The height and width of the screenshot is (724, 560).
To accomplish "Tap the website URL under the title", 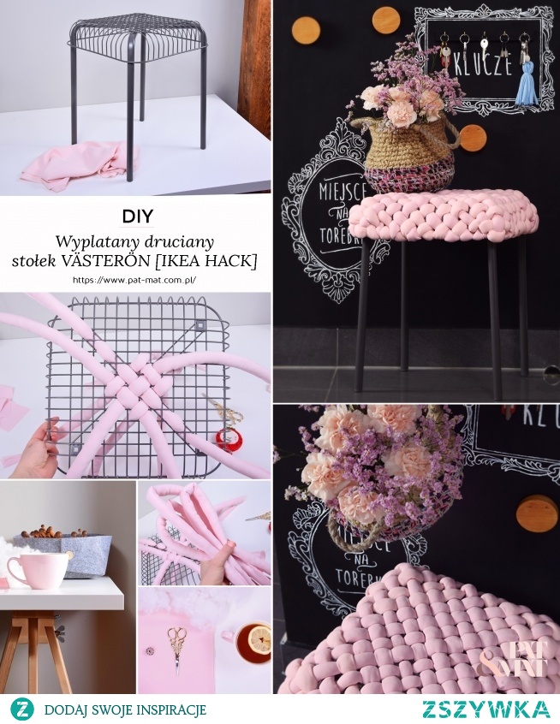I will [136, 280].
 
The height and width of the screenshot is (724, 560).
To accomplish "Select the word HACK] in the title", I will [235, 258].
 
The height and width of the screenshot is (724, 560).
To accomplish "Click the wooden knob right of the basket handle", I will [471, 137].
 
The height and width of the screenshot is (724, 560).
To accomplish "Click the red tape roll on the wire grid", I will [226, 439].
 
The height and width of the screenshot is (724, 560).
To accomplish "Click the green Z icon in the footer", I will [21, 709].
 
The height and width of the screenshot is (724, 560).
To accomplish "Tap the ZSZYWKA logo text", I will [486, 709].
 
